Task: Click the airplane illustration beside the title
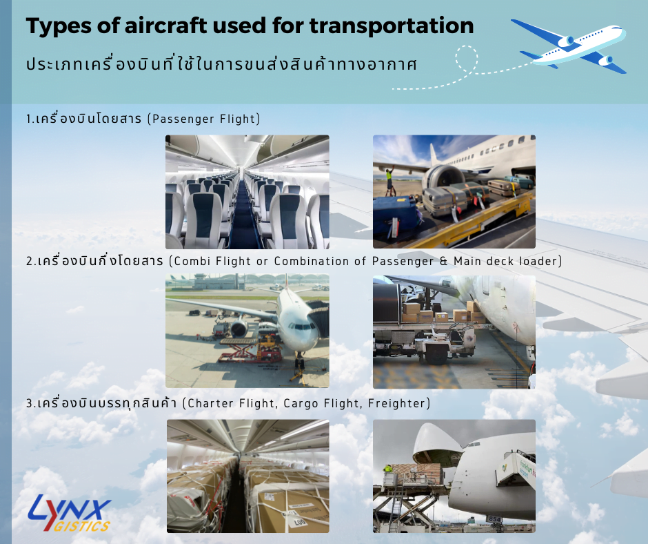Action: [x=569, y=46]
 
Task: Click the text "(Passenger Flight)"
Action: [x=204, y=119]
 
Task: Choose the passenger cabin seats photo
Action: [x=247, y=191]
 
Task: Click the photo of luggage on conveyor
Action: [x=454, y=191]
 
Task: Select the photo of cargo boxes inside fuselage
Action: [x=247, y=476]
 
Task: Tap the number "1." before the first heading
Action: [x=30, y=119]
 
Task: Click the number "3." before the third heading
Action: [x=30, y=403]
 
